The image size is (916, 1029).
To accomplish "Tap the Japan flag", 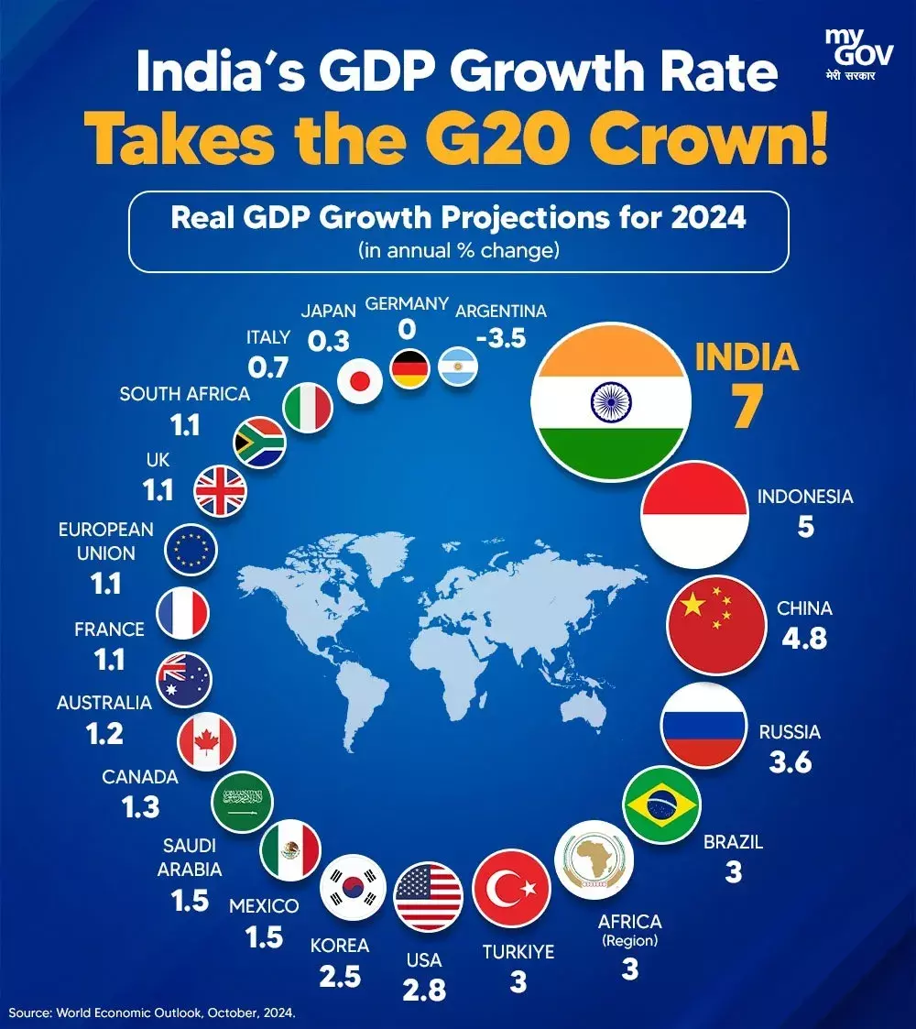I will pyautogui.click(x=359, y=380).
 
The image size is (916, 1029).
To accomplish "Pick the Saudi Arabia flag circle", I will pyautogui.click(x=243, y=801).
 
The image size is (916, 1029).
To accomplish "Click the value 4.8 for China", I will pyautogui.click(x=803, y=638).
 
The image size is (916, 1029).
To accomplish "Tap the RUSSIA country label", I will pyautogui.click(x=789, y=732).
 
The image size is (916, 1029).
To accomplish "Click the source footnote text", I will pyautogui.click(x=153, y=1013).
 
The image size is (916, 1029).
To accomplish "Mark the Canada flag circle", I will pyautogui.click(x=207, y=740).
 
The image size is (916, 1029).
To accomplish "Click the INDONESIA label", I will pyautogui.click(x=804, y=498).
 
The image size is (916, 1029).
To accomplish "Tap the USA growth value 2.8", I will pyautogui.click(x=424, y=990).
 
